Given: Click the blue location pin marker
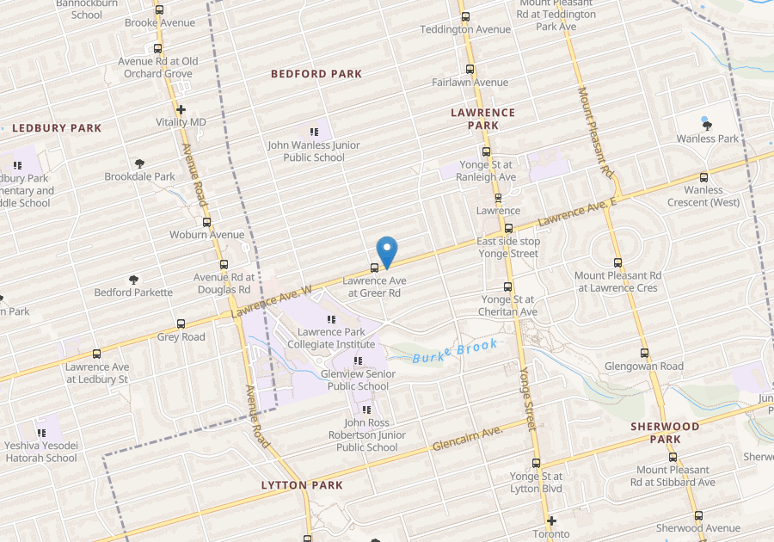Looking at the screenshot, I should pos(388,250).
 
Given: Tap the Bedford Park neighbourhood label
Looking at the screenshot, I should pos(316,74).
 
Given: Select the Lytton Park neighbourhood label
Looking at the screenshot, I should pos(302,485).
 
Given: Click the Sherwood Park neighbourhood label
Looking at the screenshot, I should pos(665,433).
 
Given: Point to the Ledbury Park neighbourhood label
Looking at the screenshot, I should pos(57,128).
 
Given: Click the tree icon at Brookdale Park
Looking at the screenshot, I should pos(139,163).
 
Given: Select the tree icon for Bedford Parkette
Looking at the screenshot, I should pos(133,280).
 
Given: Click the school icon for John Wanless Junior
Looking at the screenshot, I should pos(314,132).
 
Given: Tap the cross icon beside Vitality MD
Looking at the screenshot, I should pos(181,110).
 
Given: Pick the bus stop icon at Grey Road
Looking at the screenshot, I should pos(181,324).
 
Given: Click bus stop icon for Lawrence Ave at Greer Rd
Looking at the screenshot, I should pos(373,268).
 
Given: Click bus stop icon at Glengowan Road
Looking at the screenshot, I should pos(644,353).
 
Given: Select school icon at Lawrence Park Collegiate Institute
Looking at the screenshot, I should pos(331,319).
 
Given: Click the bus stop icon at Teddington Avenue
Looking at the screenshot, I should pos(465,16).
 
